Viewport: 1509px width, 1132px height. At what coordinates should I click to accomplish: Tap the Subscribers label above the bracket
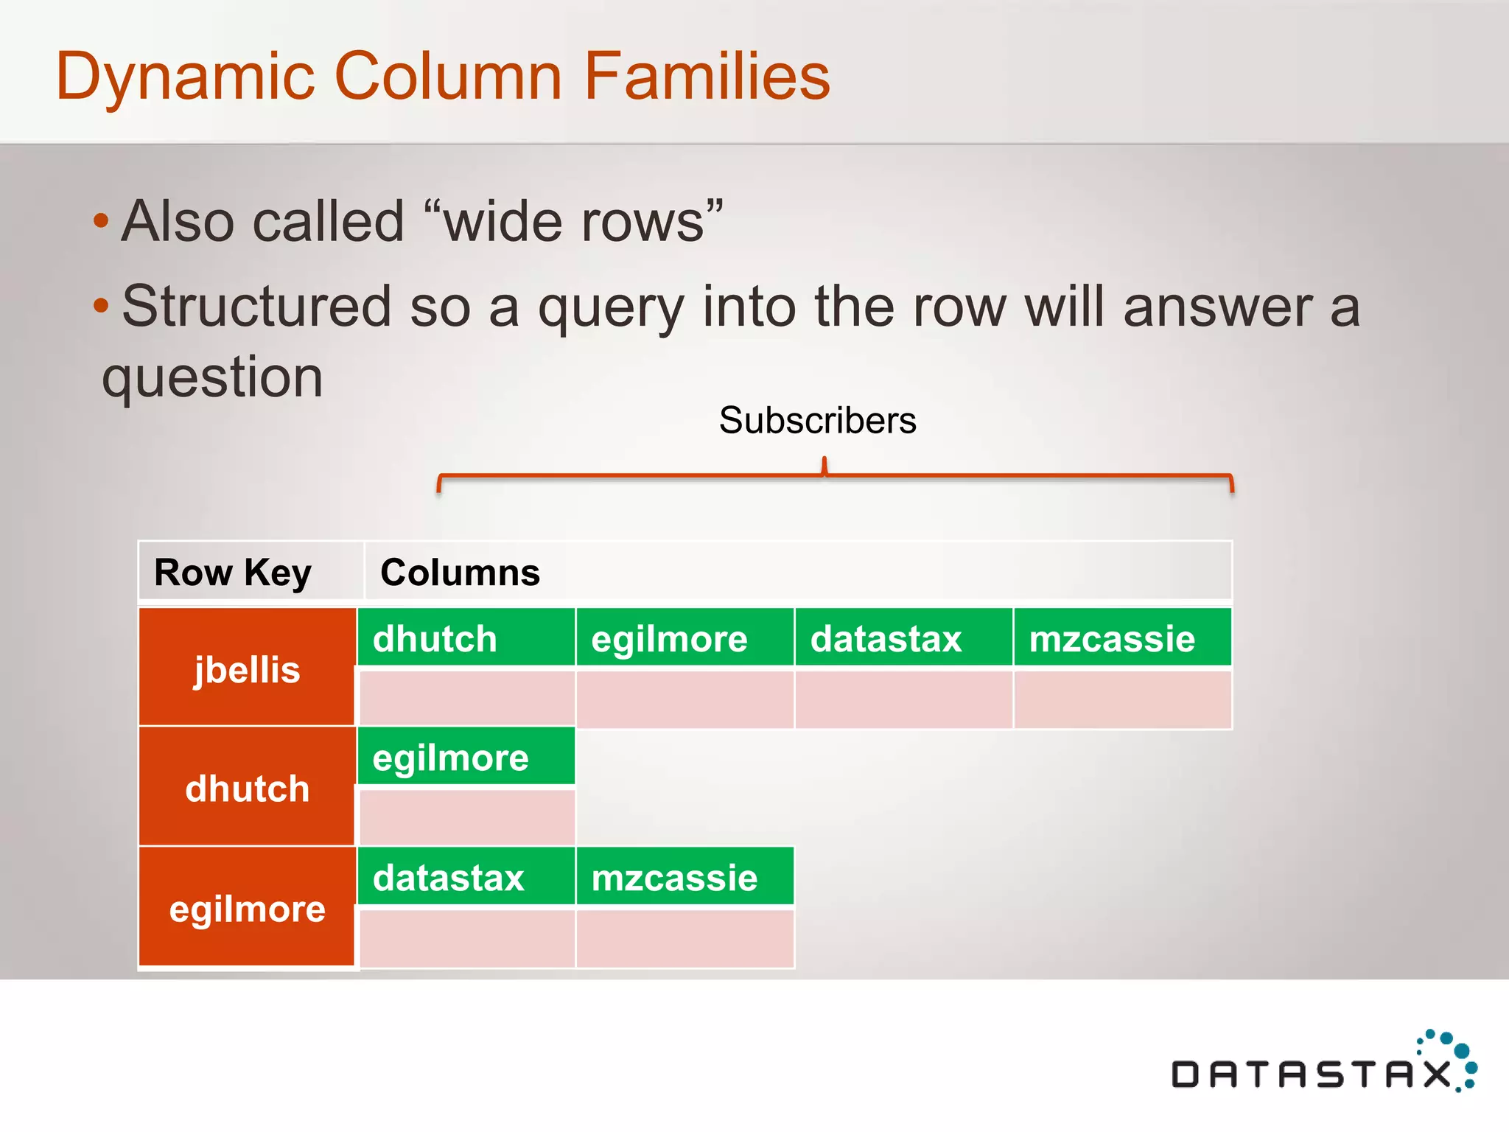click(x=817, y=421)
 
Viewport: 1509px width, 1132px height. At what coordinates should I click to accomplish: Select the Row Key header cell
click(x=233, y=573)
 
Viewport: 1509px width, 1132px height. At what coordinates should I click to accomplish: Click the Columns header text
click(x=460, y=573)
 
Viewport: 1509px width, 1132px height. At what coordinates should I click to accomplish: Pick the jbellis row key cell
click(x=247, y=668)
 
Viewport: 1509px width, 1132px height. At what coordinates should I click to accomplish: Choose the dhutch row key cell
click(x=247, y=788)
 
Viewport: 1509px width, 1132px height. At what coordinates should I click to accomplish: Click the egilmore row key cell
click(x=247, y=908)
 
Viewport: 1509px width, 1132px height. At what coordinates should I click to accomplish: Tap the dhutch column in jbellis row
click(x=466, y=638)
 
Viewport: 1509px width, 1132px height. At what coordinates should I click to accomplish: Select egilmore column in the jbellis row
click(x=685, y=638)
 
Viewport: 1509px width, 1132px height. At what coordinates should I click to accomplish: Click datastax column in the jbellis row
click(x=903, y=638)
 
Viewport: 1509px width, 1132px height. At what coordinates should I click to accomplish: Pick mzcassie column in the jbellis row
click(x=1122, y=638)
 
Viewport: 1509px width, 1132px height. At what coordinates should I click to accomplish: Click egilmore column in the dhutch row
click(x=466, y=758)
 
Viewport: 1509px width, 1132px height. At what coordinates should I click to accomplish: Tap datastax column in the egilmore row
click(x=466, y=877)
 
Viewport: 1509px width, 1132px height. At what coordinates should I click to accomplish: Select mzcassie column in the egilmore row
click(x=685, y=877)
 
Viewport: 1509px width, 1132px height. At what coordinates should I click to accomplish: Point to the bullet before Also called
click(x=102, y=220)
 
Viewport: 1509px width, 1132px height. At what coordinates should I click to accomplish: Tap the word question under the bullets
click(x=212, y=377)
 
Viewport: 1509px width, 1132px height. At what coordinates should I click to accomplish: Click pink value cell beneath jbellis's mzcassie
click(x=1122, y=699)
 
